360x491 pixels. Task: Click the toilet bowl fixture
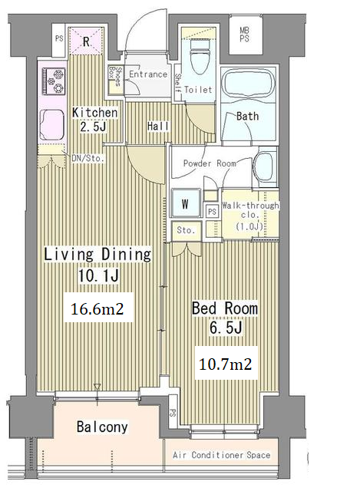pyautogui.click(x=199, y=57)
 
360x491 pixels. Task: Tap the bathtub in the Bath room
pyautogui.click(x=248, y=85)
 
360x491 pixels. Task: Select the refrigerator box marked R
pyautogui.click(x=86, y=41)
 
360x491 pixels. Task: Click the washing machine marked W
pyautogui.click(x=186, y=203)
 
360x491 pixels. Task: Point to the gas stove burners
pyautogui.click(x=54, y=81)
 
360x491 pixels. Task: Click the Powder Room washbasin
pyautogui.click(x=265, y=167)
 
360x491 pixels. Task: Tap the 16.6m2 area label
pyautogui.click(x=97, y=309)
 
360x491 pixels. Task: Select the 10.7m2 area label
pyautogui.click(x=226, y=364)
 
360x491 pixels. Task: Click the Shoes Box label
pyautogui.click(x=114, y=76)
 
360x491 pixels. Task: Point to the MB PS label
pyautogui.click(x=245, y=35)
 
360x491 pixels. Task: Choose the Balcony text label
pyautogui.click(x=102, y=427)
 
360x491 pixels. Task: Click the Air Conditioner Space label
pyautogui.click(x=222, y=455)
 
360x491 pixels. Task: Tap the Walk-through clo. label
pyautogui.click(x=250, y=216)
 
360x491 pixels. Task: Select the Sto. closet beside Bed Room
pyautogui.click(x=186, y=230)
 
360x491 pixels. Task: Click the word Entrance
pyautogui.click(x=148, y=74)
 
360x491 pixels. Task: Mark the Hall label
pyautogui.click(x=158, y=126)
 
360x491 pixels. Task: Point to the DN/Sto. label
pyautogui.click(x=88, y=159)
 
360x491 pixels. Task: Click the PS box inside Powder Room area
pyautogui.click(x=212, y=212)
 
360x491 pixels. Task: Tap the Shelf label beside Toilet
pyautogui.click(x=178, y=83)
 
